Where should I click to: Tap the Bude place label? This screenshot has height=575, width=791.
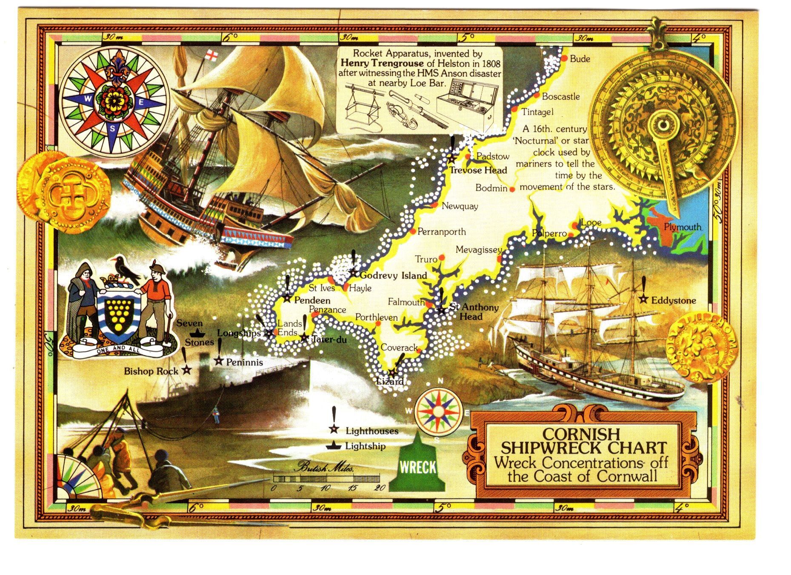[580, 59]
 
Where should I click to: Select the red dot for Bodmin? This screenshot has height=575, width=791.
[512, 189]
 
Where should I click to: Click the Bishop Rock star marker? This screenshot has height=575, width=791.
[186, 370]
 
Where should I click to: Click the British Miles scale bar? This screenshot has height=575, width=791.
[327, 479]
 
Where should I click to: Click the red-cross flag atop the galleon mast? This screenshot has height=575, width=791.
[210, 55]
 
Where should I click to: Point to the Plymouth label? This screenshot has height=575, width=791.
[682, 227]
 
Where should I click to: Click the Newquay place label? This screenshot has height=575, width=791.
[460, 207]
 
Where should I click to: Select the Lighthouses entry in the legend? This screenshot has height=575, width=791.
[371, 431]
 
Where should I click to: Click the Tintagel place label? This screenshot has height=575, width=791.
[537, 112]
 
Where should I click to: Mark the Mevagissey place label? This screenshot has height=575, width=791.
[479, 250]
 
